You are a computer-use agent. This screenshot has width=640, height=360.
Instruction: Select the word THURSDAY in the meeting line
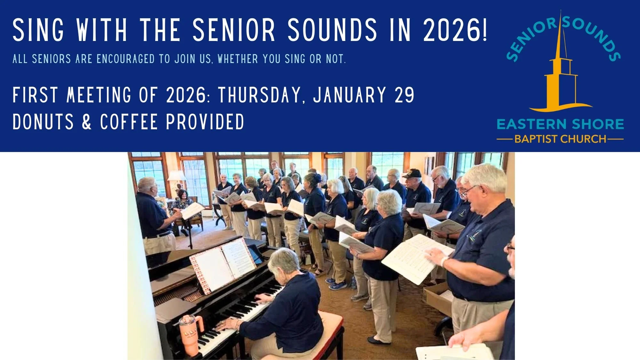click(x=260, y=95)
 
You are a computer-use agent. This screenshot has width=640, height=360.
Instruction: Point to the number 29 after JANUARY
click(x=404, y=95)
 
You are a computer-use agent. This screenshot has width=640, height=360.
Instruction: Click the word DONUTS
click(x=43, y=122)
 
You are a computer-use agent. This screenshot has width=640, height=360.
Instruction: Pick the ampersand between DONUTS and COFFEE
click(x=86, y=122)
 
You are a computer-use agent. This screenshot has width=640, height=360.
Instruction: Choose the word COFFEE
click(x=129, y=122)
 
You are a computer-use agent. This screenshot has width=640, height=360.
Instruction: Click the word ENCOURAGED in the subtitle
click(x=126, y=59)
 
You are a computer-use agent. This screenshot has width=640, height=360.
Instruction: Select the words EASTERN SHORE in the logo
click(x=560, y=124)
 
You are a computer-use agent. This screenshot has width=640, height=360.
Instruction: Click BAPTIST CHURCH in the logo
click(x=560, y=139)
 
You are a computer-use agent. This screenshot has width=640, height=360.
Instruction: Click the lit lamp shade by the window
click(x=176, y=175)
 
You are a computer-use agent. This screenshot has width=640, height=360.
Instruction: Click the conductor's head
click(x=148, y=186)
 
